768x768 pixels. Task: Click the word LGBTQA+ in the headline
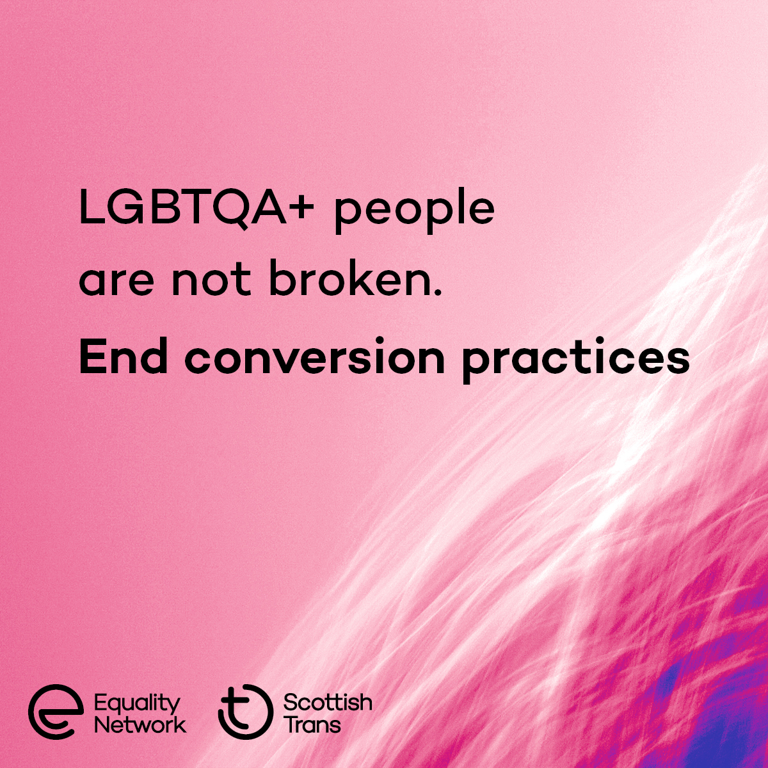click(x=193, y=207)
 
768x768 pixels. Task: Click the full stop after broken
click(x=438, y=292)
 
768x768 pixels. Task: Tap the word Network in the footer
click(x=140, y=725)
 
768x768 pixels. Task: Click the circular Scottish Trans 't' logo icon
click(x=244, y=712)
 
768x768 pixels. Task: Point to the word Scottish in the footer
click(x=328, y=703)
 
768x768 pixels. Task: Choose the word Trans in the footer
click(x=312, y=725)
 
